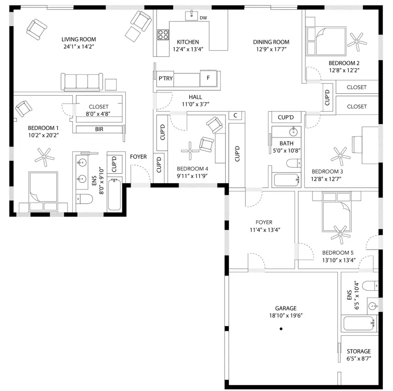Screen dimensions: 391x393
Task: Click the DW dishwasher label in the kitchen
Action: [x=203, y=18]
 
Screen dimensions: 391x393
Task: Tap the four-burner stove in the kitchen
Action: [x=163, y=34]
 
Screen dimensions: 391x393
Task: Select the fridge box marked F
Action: [x=208, y=79]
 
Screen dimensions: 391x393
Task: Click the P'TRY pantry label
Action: [x=165, y=79]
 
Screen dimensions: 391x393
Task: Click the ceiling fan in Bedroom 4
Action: [x=190, y=150]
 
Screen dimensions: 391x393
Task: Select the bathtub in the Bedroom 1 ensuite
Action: [x=114, y=195]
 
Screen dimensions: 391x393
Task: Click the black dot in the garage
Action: [x=282, y=328]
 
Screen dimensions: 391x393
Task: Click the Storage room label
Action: [x=359, y=351]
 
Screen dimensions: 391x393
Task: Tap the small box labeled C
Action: [x=235, y=115]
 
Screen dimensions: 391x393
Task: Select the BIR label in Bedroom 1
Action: [x=99, y=129]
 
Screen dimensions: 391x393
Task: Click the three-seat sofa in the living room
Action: [x=82, y=81]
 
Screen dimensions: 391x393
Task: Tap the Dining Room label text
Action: [x=271, y=42]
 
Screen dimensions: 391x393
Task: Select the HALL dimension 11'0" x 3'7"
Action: [x=195, y=104]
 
